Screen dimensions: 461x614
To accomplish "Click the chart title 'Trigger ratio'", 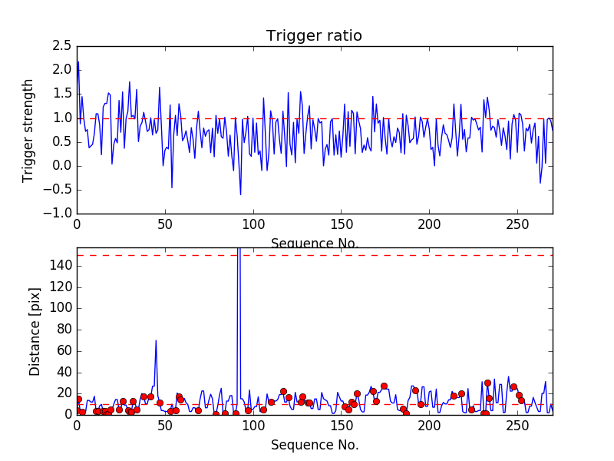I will [314, 36].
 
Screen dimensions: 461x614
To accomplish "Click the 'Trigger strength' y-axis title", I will [28, 130].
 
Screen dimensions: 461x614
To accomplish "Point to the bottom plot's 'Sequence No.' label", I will [315, 445].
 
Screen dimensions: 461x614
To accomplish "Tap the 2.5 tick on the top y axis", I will [62, 46].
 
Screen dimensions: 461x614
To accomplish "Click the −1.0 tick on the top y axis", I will [58, 214].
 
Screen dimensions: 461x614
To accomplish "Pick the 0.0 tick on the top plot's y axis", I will [62, 166].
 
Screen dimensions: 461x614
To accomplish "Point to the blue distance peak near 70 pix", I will [156, 340].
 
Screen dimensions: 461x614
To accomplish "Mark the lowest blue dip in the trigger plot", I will [240, 194].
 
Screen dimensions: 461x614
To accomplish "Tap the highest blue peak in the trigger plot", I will [78, 62].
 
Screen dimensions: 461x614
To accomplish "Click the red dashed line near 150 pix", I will [384, 255].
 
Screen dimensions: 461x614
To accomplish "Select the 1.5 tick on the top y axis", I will [62, 94].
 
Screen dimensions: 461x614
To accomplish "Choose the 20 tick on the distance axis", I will [64, 393].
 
